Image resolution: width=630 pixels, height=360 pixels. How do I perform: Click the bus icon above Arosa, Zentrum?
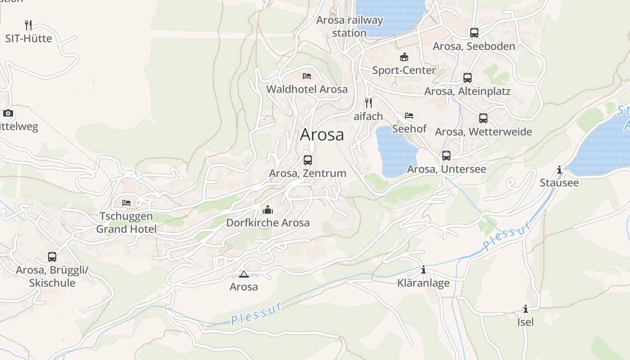[308, 160]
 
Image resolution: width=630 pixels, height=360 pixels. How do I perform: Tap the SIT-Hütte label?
[29, 39]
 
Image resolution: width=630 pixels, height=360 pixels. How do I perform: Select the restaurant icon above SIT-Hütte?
[28, 25]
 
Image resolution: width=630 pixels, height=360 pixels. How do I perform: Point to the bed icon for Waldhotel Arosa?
[307, 76]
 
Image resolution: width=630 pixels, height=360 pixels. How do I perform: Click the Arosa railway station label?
[350, 27]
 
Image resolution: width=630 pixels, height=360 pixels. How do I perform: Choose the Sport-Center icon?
[404, 57]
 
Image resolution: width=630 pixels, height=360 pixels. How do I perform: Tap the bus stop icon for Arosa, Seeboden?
[474, 33]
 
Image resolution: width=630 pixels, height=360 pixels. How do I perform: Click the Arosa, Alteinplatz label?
[467, 91]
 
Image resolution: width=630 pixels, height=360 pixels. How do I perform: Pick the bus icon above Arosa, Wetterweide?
[483, 118]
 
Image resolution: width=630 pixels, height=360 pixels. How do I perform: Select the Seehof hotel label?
[409, 129]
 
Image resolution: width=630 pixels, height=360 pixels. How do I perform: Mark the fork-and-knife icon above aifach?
[368, 103]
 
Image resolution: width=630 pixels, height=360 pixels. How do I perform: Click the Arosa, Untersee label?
[446, 169]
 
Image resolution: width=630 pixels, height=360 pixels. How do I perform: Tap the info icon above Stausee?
[559, 170]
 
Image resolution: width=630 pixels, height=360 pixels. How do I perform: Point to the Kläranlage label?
[423, 283]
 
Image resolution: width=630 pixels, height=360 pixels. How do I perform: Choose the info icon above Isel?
[525, 309]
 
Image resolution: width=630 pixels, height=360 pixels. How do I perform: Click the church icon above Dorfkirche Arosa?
[268, 210]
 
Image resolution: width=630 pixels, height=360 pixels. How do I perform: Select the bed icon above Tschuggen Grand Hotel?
[126, 203]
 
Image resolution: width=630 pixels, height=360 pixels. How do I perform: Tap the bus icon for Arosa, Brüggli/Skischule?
[52, 257]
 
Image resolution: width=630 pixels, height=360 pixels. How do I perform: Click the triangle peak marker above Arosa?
[244, 274]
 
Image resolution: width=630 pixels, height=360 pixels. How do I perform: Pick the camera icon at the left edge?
[8, 113]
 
